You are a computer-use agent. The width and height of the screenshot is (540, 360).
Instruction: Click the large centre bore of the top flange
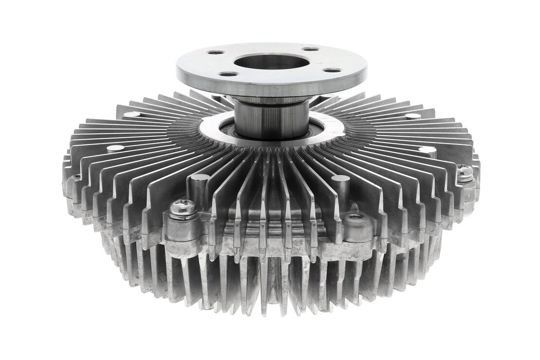tap(271, 62)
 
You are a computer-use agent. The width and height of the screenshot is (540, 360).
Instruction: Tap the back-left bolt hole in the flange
tap(215, 52)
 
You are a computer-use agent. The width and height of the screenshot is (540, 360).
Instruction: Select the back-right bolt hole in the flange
tap(310, 49)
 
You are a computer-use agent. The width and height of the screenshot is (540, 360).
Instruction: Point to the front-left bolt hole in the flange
tap(228, 74)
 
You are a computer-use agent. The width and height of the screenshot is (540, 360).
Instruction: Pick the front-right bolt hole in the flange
tap(332, 70)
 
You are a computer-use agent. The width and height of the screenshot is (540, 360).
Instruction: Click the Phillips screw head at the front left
tap(183, 208)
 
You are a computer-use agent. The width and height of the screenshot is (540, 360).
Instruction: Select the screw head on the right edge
tap(465, 172)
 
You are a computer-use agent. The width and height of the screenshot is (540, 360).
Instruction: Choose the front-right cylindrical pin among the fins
tap(340, 180)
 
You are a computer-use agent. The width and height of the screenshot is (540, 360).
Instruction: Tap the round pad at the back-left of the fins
tap(132, 115)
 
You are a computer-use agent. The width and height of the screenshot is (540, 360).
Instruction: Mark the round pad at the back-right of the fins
tap(413, 116)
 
